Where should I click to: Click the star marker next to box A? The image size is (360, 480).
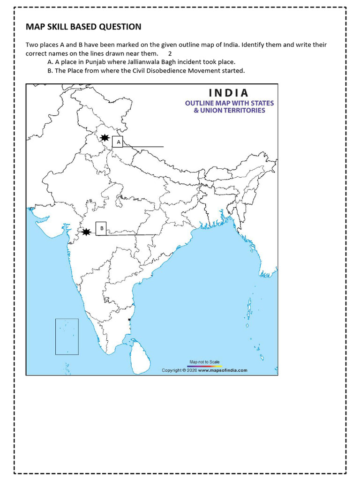105,138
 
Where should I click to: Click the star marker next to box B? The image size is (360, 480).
86,232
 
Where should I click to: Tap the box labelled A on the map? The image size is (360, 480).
118,142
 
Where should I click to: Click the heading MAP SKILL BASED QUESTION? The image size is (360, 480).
83,27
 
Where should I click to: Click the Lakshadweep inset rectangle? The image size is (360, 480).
67,337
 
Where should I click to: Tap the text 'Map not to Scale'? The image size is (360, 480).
204,362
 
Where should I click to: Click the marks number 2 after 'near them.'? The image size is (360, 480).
170,53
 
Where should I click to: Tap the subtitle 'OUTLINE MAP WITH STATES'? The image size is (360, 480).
229,103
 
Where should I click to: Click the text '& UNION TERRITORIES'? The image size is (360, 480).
229,111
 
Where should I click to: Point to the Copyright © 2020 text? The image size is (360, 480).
179,370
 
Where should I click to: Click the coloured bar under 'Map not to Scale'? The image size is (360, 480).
204,366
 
